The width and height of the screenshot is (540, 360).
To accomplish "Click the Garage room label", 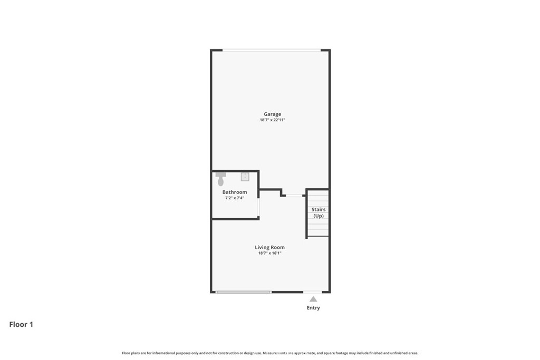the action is tap(273, 114).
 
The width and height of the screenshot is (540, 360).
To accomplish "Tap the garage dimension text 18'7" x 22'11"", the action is tap(273, 120).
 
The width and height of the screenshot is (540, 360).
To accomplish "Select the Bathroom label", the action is tap(235, 192).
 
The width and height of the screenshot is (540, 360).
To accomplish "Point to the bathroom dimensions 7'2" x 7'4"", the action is tap(235, 198).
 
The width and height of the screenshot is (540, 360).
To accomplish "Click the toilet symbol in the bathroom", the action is tap(221, 179).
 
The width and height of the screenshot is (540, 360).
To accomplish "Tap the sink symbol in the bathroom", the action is tap(245, 177).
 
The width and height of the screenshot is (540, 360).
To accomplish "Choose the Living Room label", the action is tap(269, 247).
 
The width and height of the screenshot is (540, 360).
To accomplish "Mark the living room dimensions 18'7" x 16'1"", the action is tap(269, 253).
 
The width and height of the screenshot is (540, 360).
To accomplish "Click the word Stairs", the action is tap(319, 209).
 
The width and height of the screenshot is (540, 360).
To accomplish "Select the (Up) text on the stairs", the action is tap(319, 216).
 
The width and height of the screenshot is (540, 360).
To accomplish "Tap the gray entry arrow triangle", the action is tap(313, 299).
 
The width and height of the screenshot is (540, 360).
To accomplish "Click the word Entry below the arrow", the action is tap(313, 308).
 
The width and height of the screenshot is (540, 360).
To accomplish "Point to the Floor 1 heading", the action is tap(21, 324).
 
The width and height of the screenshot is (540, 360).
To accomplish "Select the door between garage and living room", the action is tap(294, 196).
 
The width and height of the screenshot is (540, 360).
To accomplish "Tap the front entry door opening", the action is tap(312, 292).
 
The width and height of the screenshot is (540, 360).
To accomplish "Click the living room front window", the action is tap(244, 292).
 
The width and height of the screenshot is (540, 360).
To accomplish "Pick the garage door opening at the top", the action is tap(272, 50).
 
